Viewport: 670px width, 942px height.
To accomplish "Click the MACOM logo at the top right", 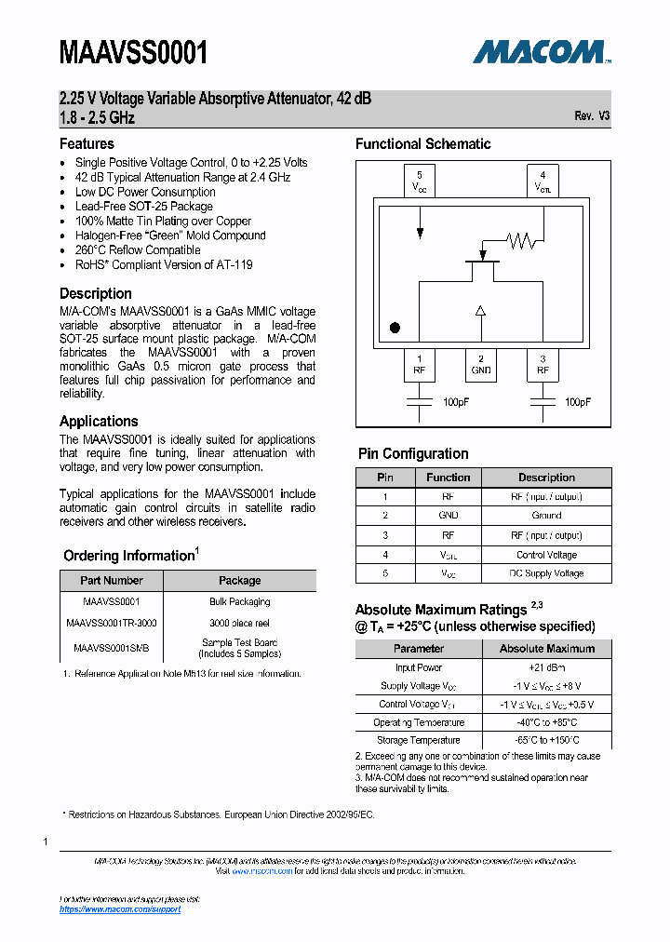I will [x=541, y=51].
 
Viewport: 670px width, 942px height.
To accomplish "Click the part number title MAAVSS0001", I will [x=133, y=53].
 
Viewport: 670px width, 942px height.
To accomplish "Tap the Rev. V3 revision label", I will [x=592, y=116].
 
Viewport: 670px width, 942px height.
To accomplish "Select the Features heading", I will [x=87, y=143].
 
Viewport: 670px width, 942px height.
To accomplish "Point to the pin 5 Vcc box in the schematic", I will [x=420, y=181].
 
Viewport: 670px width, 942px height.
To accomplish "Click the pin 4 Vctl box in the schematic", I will [x=543, y=181].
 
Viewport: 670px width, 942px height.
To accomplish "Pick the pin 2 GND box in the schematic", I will [x=481, y=364].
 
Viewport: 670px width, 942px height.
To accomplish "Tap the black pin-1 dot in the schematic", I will [x=395, y=328].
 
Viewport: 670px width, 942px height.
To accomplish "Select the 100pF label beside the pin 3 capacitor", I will [x=577, y=402].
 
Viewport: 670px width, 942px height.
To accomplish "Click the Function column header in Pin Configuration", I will [x=449, y=478].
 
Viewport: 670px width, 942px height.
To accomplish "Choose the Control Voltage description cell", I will [x=546, y=555].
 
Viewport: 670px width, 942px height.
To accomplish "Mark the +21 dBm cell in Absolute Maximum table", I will [x=546, y=667].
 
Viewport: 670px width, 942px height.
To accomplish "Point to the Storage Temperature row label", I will [x=418, y=740].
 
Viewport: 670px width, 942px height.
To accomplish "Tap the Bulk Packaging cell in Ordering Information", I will [x=239, y=601].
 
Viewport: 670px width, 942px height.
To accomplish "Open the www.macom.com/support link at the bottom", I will [x=120, y=909].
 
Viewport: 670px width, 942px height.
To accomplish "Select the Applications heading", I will [x=99, y=421].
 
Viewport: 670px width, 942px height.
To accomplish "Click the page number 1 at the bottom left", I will [x=46, y=841].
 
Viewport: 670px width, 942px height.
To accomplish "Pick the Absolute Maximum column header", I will [x=546, y=649].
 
